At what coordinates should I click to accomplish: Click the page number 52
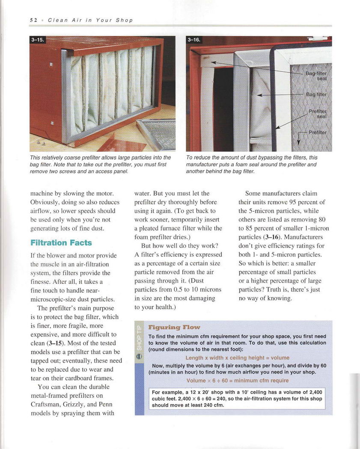coord(33,20)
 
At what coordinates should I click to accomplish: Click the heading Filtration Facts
coord(61,243)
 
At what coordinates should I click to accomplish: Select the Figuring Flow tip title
coord(174,328)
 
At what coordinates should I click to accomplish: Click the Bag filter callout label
coord(316,95)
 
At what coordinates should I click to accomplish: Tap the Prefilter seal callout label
coord(318,114)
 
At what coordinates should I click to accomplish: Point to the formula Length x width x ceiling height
coord(237,357)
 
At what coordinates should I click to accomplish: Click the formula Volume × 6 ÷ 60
coord(237,380)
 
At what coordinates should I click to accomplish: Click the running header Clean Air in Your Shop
coord(90,20)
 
